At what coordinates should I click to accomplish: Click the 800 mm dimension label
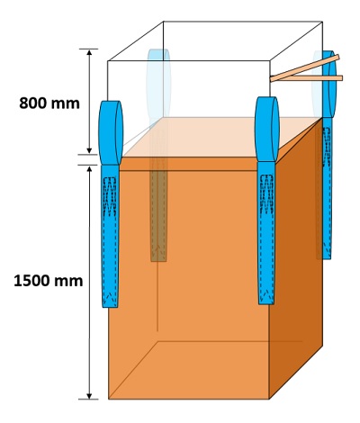(49, 103)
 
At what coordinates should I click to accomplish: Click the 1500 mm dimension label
(49, 281)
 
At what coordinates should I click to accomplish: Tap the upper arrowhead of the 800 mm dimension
(89, 53)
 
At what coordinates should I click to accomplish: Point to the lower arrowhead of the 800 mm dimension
(89, 150)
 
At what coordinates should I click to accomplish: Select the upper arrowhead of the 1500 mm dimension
(89, 169)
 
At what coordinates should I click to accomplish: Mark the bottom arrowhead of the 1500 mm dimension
(89, 395)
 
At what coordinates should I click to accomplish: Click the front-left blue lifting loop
(111, 132)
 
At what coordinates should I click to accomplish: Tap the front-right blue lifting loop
(267, 129)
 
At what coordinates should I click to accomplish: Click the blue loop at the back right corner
(330, 84)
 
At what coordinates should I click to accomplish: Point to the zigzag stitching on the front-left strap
(110, 196)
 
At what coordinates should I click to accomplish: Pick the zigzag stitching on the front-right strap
(266, 194)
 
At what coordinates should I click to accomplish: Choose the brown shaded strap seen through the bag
(158, 210)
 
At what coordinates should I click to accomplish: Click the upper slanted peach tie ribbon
(304, 68)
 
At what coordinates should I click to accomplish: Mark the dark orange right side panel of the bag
(296, 258)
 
